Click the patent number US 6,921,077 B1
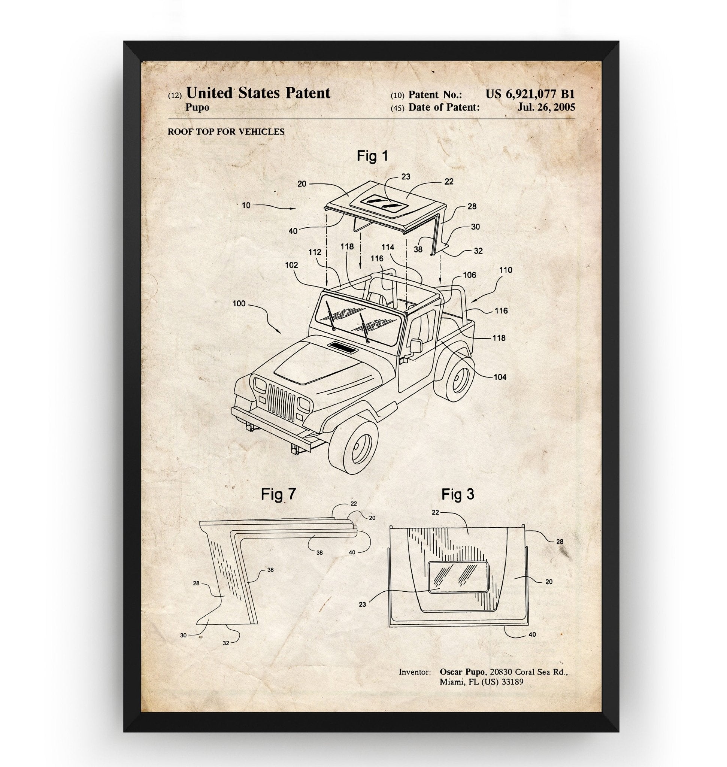(x=530, y=94)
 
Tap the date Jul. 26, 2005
(x=546, y=107)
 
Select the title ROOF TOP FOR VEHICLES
(x=226, y=131)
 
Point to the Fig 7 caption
(x=278, y=494)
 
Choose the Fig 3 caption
(x=458, y=494)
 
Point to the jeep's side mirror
(x=416, y=345)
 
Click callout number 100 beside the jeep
(x=239, y=303)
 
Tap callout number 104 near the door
(x=500, y=377)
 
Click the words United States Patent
(x=258, y=93)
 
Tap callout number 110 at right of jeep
(x=506, y=270)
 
